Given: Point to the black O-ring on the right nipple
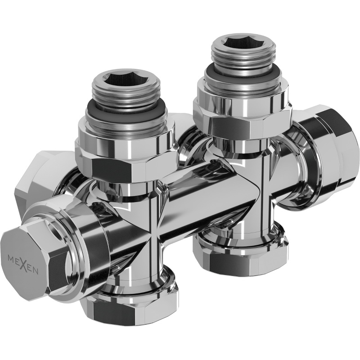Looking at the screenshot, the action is coord(243,73).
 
